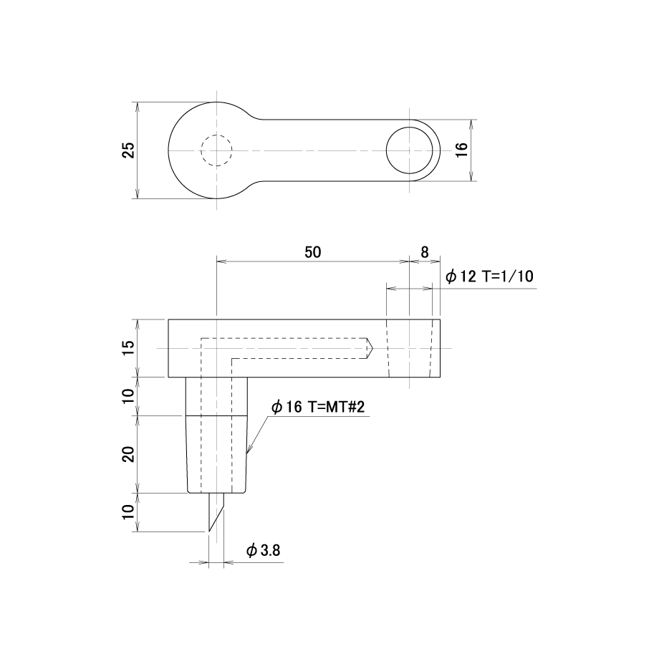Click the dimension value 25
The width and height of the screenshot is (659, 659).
[x=129, y=150]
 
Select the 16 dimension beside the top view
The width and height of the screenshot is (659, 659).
[x=461, y=150]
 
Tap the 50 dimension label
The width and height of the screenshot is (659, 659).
[x=313, y=252]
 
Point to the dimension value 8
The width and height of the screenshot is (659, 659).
[x=425, y=252]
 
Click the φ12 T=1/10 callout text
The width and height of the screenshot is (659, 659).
[x=489, y=276]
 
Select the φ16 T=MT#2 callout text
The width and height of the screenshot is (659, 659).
[x=318, y=407]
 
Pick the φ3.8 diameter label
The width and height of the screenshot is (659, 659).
[x=264, y=550]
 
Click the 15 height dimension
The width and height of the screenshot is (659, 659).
[x=129, y=347]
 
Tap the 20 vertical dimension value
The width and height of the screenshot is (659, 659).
[x=129, y=454]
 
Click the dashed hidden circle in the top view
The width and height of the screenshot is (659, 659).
[x=216, y=135]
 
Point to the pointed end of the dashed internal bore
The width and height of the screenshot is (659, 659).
[x=372, y=348]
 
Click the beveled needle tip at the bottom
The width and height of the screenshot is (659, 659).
[x=210, y=530]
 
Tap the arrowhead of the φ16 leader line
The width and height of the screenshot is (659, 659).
[x=247, y=452]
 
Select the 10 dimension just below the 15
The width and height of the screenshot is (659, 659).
[x=129, y=396]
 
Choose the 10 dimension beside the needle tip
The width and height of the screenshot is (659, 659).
[x=129, y=511]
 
